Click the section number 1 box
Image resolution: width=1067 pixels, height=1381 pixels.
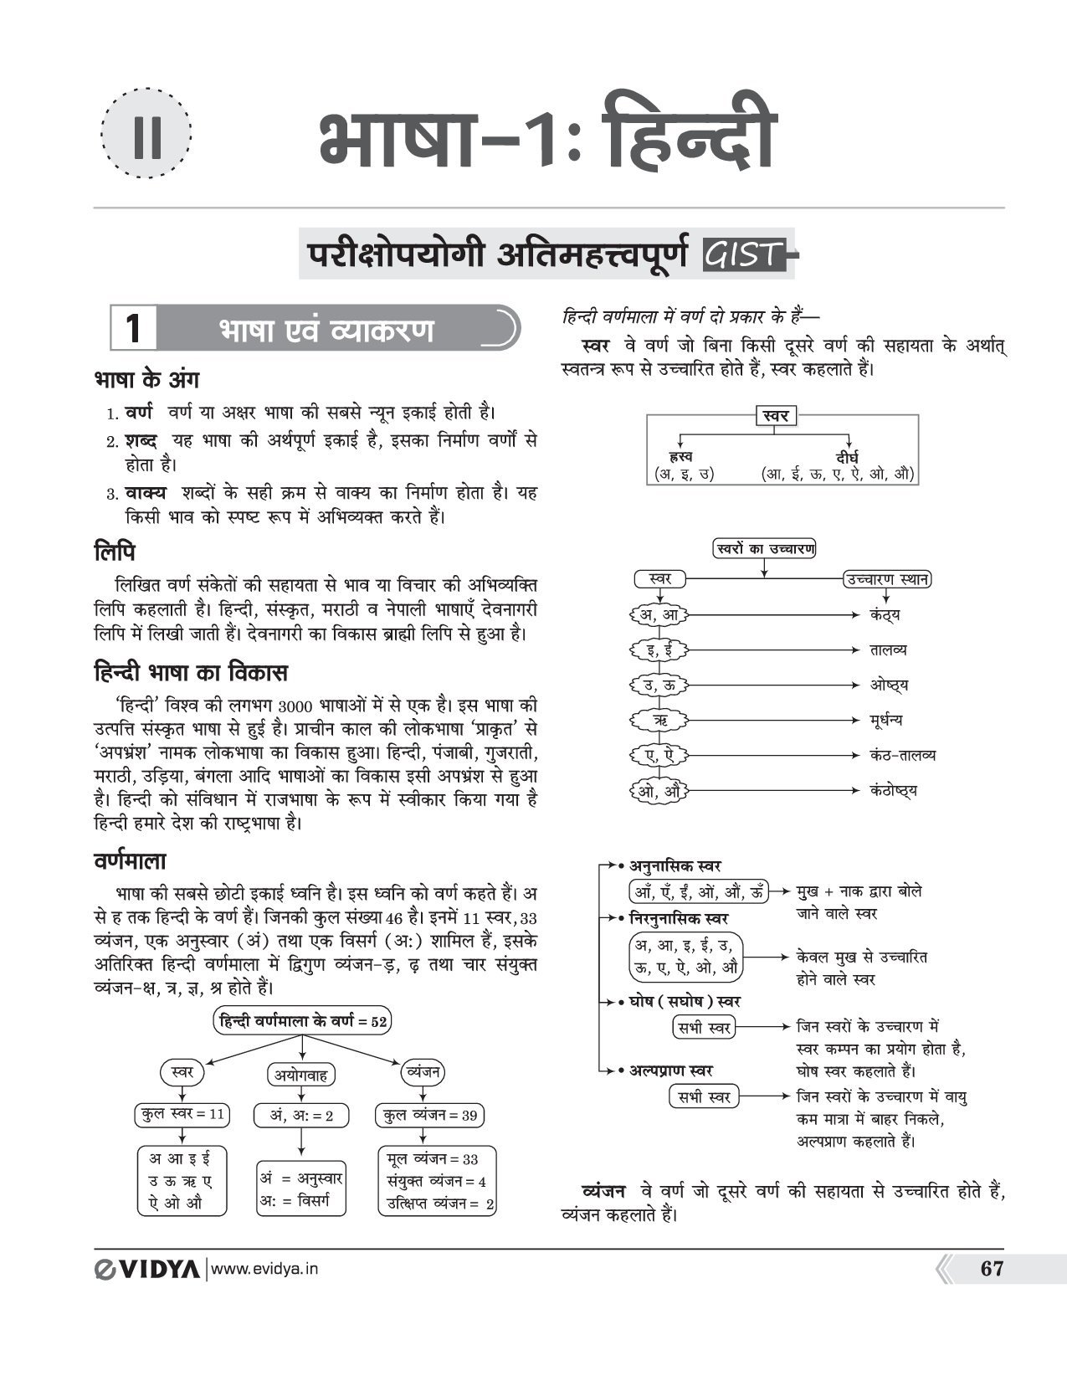[x=133, y=328]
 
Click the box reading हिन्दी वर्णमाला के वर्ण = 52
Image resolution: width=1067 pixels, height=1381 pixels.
[x=303, y=1021]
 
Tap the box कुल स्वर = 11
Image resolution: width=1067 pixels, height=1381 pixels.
[x=182, y=1114]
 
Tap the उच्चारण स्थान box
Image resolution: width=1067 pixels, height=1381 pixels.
[x=887, y=579]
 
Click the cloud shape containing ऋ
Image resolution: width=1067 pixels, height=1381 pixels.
[x=659, y=720]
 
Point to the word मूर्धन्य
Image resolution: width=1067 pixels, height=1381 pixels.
[x=885, y=720]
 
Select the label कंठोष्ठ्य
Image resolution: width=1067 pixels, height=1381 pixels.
[x=893, y=790]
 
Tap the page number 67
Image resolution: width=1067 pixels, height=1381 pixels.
[x=991, y=1269]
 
